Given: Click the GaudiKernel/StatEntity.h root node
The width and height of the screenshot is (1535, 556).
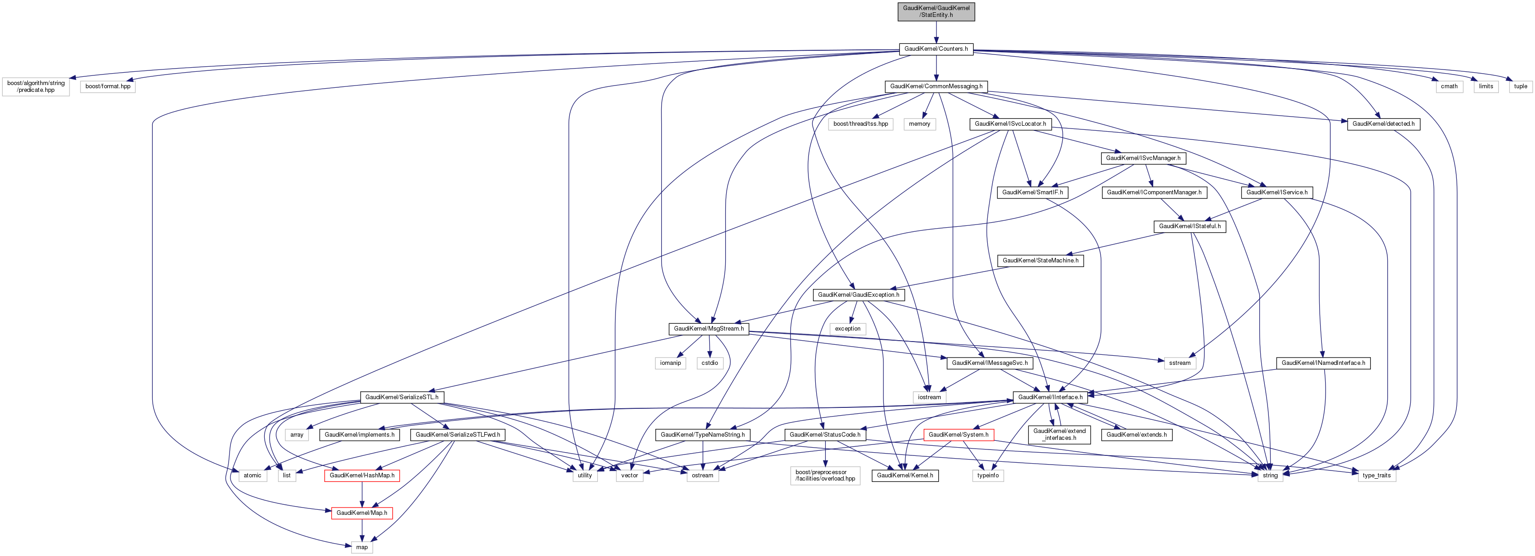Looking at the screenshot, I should pyautogui.click(x=936, y=11).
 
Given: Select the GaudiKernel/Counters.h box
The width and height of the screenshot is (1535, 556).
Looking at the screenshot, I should pyautogui.click(x=936, y=49).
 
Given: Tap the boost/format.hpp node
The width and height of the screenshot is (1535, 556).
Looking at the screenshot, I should pyautogui.click(x=108, y=86).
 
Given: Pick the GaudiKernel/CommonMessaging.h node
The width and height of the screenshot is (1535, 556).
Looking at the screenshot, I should pyautogui.click(x=936, y=86).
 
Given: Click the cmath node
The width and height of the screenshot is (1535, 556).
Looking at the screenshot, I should pyautogui.click(x=1449, y=86).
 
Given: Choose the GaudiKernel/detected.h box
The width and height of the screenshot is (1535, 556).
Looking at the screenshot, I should pyautogui.click(x=1383, y=124).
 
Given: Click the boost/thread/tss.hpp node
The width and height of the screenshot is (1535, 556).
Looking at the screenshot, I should pyautogui.click(x=861, y=124).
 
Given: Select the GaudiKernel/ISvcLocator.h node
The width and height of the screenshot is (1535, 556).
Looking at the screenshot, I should pyautogui.click(x=1010, y=124).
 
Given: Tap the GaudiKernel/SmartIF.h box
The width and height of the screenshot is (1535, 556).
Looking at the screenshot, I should pyautogui.click(x=1032, y=192).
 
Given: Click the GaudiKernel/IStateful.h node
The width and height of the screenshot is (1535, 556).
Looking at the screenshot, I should pyautogui.click(x=1189, y=226).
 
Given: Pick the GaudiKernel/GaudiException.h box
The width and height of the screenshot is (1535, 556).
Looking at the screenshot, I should pyautogui.click(x=858, y=295).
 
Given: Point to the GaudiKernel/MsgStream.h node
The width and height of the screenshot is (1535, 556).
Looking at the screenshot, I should pyautogui.click(x=708, y=329).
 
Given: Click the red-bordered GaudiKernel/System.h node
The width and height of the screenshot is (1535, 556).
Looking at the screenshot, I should pyautogui.click(x=958, y=435).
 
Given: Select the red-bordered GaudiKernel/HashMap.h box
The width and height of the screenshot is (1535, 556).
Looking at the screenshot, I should pyautogui.click(x=362, y=476).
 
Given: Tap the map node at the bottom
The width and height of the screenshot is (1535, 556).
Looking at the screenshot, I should pyautogui.click(x=362, y=547).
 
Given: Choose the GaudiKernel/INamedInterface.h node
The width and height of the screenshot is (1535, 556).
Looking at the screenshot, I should pyautogui.click(x=1323, y=363).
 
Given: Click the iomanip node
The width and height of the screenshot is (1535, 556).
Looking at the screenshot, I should pyautogui.click(x=670, y=363).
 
